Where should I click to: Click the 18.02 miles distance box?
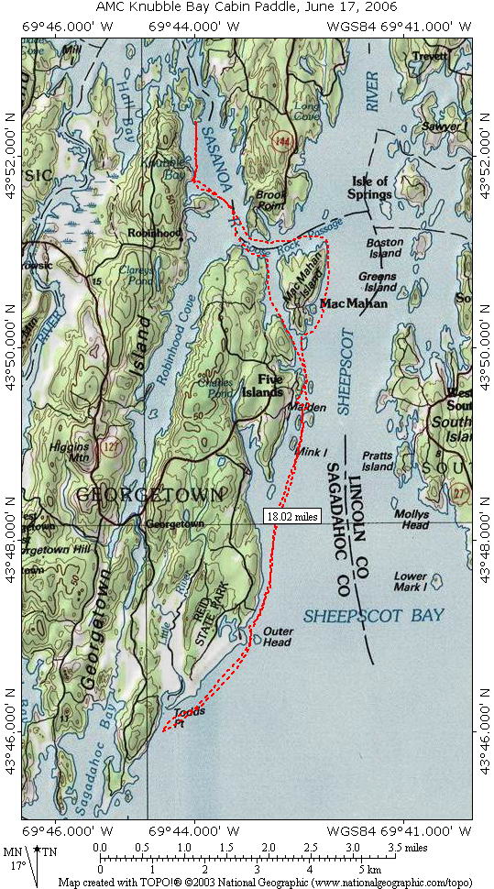(292, 516)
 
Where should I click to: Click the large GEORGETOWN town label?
(149, 495)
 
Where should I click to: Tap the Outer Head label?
(278, 636)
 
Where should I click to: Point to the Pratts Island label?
(377, 461)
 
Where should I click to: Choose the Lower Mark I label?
(410, 581)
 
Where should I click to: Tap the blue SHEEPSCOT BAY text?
(374, 615)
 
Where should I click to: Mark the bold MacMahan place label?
(354, 303)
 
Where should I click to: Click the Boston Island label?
(385, 247)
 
